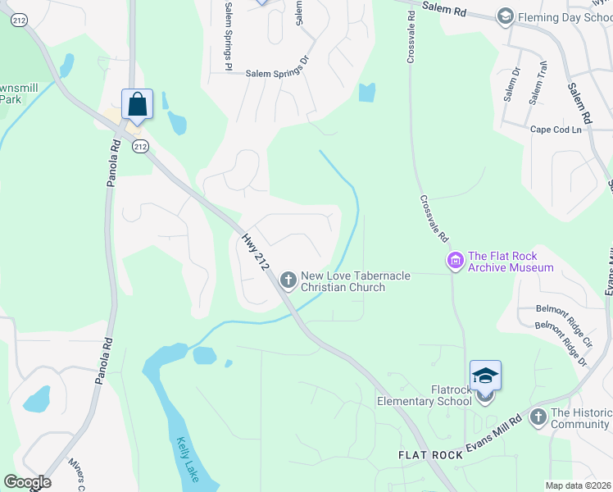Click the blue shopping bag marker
point(137,105)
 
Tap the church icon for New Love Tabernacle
point(288,280)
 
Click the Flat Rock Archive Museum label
point(510,262)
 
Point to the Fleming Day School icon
point(506,16)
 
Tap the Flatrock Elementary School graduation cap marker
point(485,376)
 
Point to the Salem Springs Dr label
point(278,73)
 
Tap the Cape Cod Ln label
point(556,130)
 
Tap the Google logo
point(27,482)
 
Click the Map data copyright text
point(578,485)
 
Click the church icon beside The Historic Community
point(538,417)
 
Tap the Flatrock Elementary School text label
point(425,395)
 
